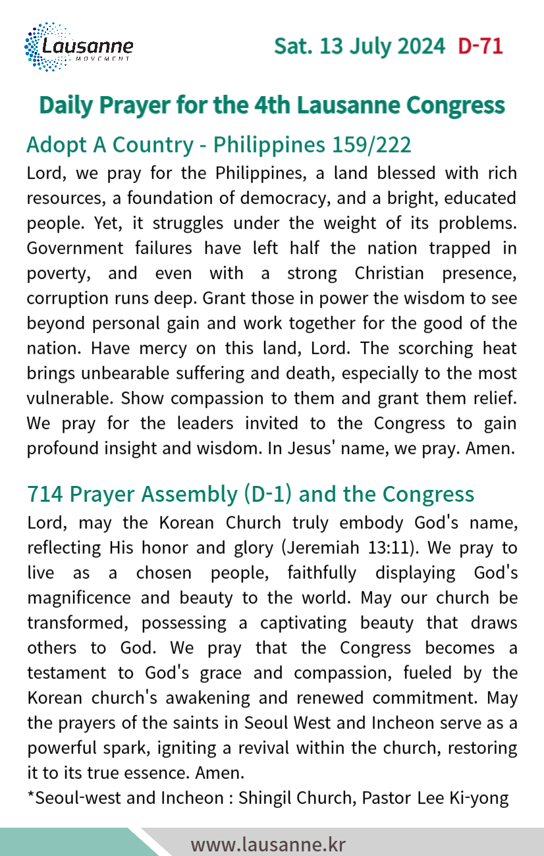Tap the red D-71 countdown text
pos(481,47)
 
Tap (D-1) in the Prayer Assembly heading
pos(269,494)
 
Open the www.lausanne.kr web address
pos(268,844)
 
